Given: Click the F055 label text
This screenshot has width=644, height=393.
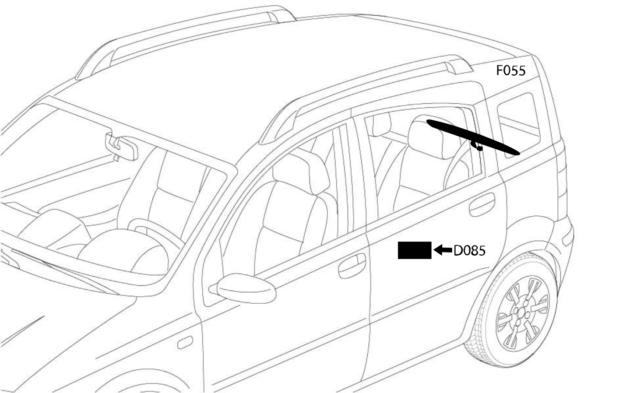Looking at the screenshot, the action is click(511, 70).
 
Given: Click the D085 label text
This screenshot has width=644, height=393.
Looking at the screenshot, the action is click(469, 251).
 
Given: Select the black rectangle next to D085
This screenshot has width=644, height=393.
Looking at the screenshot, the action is click(415, 250).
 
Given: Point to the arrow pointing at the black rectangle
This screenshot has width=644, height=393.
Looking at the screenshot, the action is click(443, 250).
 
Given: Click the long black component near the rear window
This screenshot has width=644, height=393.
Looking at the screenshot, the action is click(473, 137).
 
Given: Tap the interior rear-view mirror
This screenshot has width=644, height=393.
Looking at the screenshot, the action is click(121, 147).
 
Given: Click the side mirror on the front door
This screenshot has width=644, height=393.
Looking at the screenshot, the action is click(246, 288).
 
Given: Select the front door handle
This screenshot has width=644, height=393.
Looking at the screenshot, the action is click(352, 265).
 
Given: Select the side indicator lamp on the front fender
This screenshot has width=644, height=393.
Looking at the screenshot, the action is click(185, 342).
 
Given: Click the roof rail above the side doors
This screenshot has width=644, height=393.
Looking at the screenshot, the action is click(365, 95).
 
